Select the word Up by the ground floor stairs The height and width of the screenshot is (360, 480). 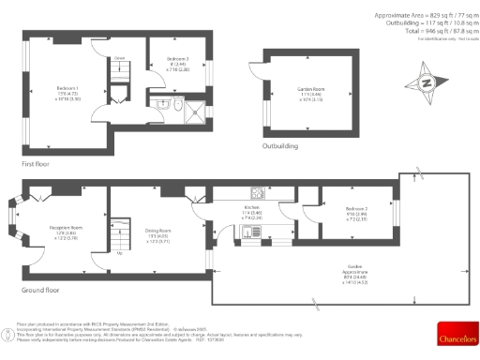click(119, 253)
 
